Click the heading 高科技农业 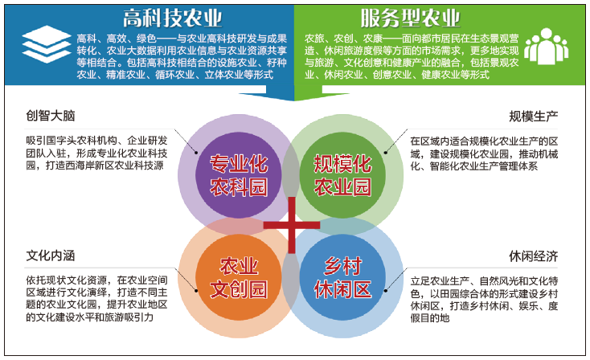172,18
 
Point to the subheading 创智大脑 51,116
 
